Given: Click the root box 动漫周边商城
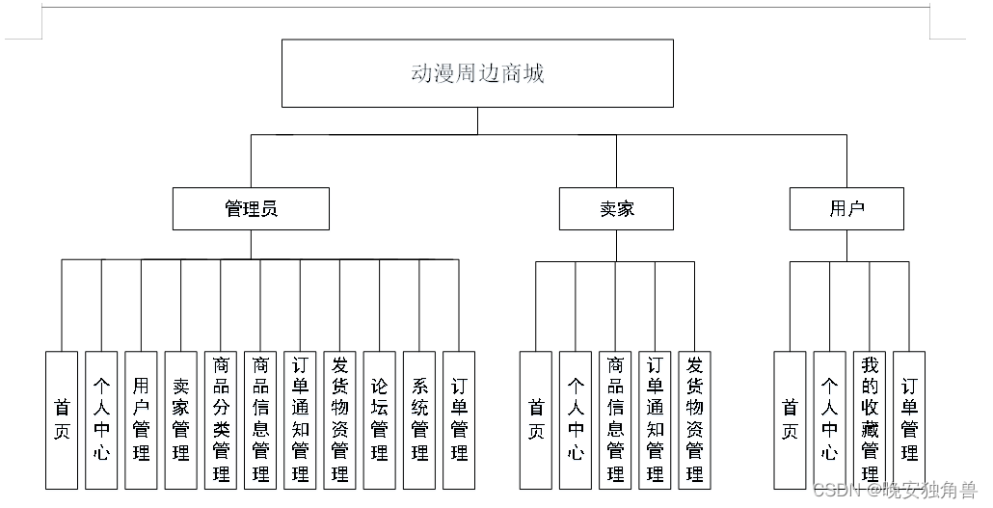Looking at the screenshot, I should tap(477, 73).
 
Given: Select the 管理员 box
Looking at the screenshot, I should tap(251, 208).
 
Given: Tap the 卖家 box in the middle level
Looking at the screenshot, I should tap(616, 208).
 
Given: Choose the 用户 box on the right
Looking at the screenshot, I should tap(846, 208).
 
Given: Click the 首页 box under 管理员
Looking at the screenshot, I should tap(62, 419).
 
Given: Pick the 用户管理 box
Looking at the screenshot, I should tap(141, 419).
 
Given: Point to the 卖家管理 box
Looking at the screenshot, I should tap(181, 419).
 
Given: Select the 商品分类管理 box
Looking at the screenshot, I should tap(221, 419).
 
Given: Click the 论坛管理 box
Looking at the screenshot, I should tap(380, 419).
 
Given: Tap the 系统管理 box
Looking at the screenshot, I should tap(419, 419).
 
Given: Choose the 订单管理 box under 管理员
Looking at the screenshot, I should tap(459, 419).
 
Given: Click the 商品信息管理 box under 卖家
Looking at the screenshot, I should tap(615, 419).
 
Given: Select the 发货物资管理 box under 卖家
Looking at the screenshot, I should tap(694, 419).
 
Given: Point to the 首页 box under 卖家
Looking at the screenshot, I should tap(535, 419).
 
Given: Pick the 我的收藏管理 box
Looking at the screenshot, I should tap(870, 419).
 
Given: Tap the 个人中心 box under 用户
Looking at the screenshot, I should tap(829, 419).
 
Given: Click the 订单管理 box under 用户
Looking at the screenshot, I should tap(909, 419).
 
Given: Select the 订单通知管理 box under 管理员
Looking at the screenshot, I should tap(300, 419).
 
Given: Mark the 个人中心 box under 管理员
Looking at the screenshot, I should tap(101, 419).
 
